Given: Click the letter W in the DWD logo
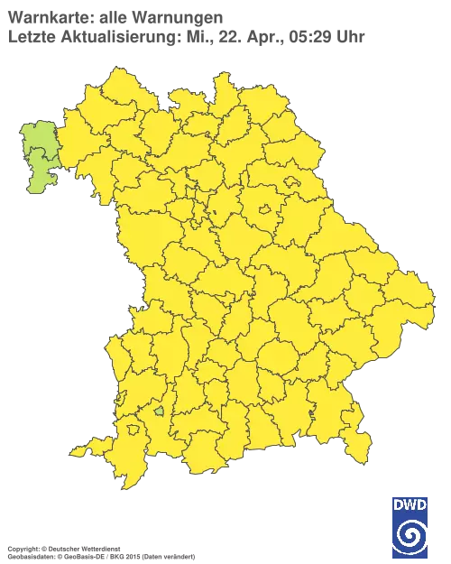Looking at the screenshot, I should pos(410,504).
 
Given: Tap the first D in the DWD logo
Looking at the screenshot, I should pos(397,504).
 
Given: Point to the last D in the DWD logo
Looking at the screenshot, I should pos(422,504).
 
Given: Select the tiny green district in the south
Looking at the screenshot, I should pos(160,411).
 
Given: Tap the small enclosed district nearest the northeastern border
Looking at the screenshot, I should pos(293,182).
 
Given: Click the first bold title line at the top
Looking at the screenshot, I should pos(113,17).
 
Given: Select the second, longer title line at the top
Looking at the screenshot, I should pos(185,36).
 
